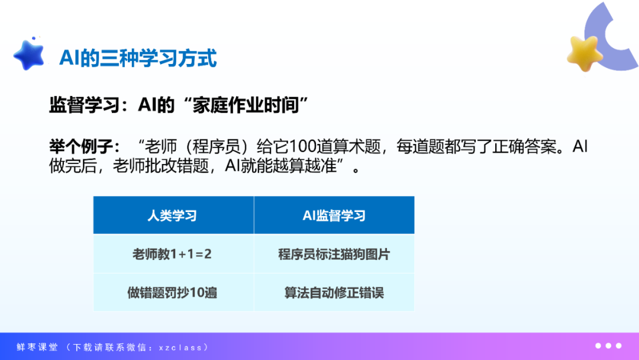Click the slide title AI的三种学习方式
[x=138, y=58]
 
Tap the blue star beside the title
[x=29, y=54]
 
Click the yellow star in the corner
[x=585, y=53]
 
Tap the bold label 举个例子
[x=80, y=146]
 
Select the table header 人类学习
[x=172, y=216]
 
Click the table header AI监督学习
[x=334, y=216]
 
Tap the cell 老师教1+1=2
[x=172, y=254]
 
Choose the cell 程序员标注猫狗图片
[x=334, y=254]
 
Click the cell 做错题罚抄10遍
[x=172, y=292]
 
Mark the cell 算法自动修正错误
[x=334, y=292]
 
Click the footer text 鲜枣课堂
[x=37, y=347]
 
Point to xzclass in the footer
[x=180, y=348]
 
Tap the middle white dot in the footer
[x=608, y=346]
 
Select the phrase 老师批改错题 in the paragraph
[x=161, y=166]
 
